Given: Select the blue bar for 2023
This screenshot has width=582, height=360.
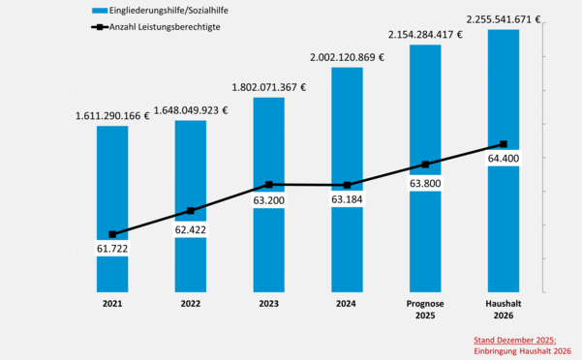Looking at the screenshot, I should coord(268,145).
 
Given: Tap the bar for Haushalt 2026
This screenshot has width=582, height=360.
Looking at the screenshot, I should coord(504,97).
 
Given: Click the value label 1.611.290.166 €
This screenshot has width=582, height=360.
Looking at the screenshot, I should coord(112,116).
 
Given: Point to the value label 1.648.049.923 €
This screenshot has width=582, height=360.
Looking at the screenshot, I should coord(191,110).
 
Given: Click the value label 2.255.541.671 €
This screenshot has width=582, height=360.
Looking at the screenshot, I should coord(504,17).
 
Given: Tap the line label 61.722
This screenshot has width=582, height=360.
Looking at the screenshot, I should coord(112,250).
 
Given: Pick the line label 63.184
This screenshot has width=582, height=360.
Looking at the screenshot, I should coord(348,200).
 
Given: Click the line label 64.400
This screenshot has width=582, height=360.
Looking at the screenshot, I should coord(504,157).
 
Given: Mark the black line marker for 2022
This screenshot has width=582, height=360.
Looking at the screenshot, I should coord(191,210).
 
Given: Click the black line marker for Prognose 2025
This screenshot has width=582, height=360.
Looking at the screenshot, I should coord(425,165).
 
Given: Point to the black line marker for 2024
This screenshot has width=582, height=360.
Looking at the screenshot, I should coord(348,185).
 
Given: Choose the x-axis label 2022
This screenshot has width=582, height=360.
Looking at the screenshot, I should coord(191,303).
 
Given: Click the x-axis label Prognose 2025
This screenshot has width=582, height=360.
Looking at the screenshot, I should coord(425,309).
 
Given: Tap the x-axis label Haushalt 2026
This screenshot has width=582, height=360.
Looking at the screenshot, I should coord(504,309).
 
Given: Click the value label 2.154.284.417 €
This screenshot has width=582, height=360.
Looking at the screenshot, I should coord(425,35).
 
